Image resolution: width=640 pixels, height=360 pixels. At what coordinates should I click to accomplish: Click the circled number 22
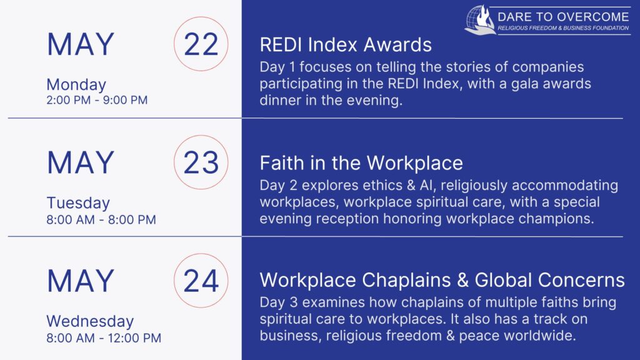pyautogui.click(x=201, y=44)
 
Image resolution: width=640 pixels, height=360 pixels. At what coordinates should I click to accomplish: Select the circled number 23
pyautogui.click(x=201, y=162)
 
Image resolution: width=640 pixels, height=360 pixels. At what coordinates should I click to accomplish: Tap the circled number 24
pyautogui.click(x=201, y=281)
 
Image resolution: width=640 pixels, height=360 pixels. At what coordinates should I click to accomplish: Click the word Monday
pyautogui.click(x=76, y=85)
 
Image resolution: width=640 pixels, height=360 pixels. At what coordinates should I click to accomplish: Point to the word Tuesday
pyautogui.click(x=78, y=203)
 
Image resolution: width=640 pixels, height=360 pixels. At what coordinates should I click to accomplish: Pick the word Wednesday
pyautogui.click(x=90, y=321)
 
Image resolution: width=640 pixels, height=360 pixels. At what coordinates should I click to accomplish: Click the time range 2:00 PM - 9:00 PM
pyautogui.click(x=97, y=100)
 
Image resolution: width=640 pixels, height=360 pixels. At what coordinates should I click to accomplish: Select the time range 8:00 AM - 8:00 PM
pyautogui.click(x=101, y=219)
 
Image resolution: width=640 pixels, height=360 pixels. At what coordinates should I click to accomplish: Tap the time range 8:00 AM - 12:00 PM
pyautogui.click(x=104, y=338)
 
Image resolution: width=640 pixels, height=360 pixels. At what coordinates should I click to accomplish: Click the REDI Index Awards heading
pyautogui.click(x=346, y=44)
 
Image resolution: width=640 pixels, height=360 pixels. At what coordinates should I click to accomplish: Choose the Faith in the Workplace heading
pyautogui.click(x=361, y=163)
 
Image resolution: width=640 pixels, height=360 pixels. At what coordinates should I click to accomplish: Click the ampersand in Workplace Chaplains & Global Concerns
pyautogui.click(x=462, y=281)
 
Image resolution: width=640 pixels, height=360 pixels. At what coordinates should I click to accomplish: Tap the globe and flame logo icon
pyautogui.click(x=480, y=19)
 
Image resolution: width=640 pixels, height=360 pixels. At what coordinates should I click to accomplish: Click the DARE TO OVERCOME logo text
pyautogui.click(x=563, y=17)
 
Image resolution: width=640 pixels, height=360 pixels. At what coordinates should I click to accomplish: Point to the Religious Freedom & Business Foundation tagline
pyautogui.click(x=563, y=28)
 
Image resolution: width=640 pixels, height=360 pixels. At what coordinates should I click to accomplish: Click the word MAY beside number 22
pyautogui.click(x=81, y=44)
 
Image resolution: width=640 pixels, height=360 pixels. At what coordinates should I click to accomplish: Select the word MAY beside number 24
pyautogui.click(x=81, y=281)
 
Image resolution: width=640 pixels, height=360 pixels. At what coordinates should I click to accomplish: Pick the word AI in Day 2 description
pyautogui.click(x=426, y=185)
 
